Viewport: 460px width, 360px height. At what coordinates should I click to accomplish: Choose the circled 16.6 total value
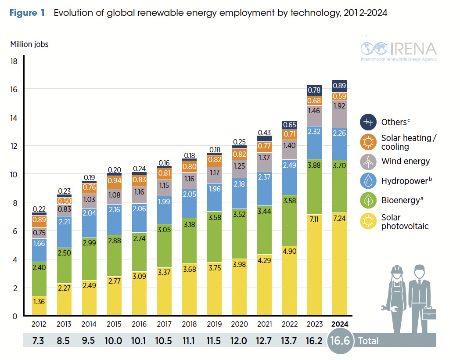pos(341,341)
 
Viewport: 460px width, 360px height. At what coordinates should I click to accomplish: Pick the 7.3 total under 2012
pos(40,340)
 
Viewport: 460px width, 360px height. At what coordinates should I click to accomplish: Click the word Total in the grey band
pos(368,341)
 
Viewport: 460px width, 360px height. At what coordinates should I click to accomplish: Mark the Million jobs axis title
pos(29,44)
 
